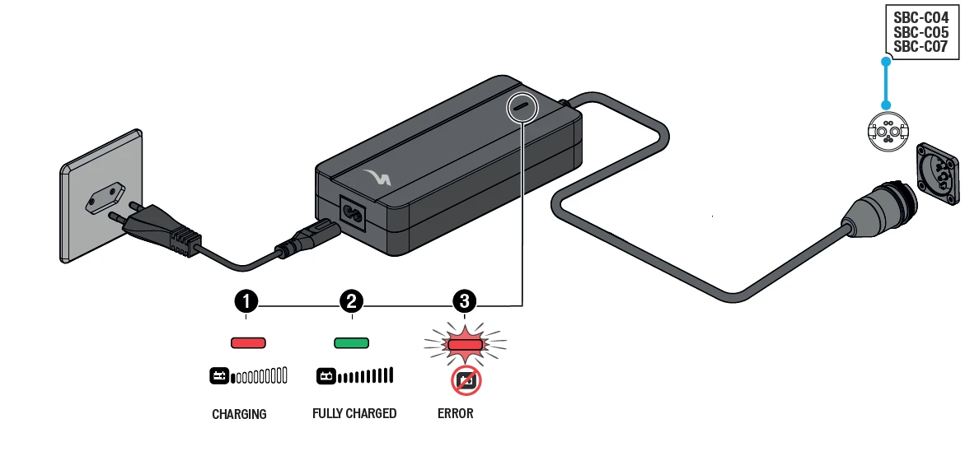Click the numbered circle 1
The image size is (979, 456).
point(246,301)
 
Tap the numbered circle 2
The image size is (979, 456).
point(352,301)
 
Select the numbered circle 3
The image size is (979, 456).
point(465,301)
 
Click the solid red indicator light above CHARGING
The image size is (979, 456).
point(247,342)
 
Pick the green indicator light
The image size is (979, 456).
point(352,342)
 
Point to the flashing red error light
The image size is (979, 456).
point(465,342)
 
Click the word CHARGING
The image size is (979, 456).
point(239,414)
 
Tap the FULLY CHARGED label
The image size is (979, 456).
point(354,413)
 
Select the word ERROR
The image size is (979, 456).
point(456,413)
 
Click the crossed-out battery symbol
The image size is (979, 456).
point(466,380)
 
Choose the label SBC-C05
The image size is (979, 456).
point(920,33)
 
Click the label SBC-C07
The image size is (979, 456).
point(920,47)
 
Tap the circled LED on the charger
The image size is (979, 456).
point(522,107)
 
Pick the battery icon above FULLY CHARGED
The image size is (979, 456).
point(326,376)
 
